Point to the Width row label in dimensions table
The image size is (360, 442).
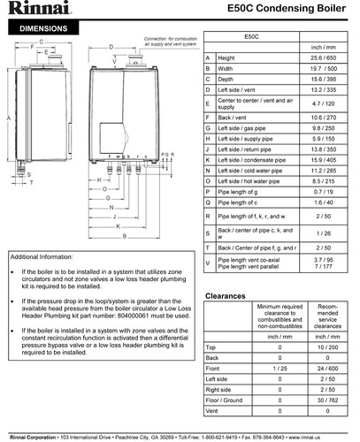pos(226,67)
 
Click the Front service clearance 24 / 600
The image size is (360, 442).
pos(328,367)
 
